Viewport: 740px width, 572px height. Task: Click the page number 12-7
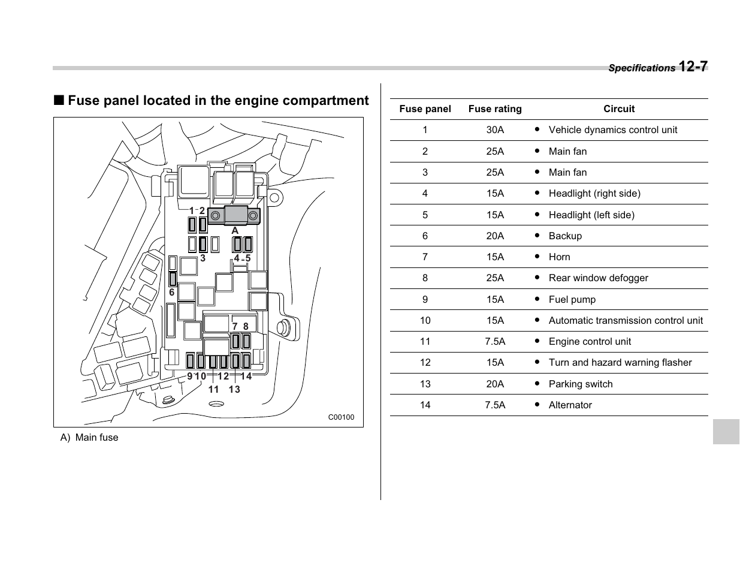click(693, 66)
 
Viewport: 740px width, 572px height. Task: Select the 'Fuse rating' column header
click(495, 109)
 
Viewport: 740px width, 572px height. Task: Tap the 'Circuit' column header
click(618, 109)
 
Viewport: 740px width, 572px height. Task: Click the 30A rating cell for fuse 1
click(495, 130)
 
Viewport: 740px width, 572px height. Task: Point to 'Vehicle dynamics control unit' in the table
click(612, 130)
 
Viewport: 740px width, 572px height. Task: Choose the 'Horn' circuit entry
click(559, 257)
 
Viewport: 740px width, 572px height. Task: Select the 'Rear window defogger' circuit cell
click(598, 278)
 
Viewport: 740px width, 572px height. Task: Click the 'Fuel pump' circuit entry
click(572, 300)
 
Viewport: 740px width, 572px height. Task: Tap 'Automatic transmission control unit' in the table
click(626, 321)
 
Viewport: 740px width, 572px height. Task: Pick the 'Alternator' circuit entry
click(570, 405)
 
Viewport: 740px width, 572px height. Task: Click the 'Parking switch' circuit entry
click(580, 384)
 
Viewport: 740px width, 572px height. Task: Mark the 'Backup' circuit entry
click(564, 236)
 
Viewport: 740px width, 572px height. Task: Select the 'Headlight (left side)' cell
click(591, 215)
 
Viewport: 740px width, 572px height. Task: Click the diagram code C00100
click(341, 417)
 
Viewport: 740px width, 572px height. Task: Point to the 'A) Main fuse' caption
click(89, 438)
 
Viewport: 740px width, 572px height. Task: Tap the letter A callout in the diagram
click(235, 231)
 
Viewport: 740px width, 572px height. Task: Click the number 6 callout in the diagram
click(171, 293)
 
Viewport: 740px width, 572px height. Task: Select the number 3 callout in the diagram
click(203, 258)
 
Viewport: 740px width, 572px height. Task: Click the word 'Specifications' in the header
click(641, 68)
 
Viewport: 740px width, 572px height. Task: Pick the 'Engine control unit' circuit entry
click(590, 342)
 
